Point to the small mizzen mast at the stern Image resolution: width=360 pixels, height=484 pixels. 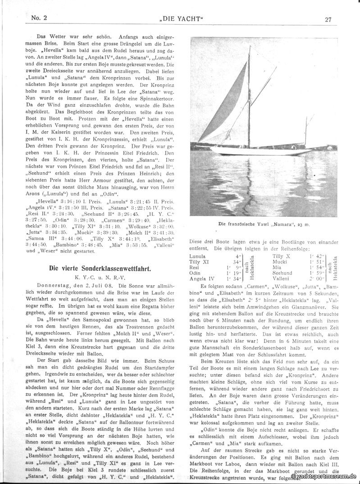pyautogui.click(x=306, y=131)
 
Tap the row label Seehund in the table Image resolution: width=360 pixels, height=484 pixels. pyautogui.click(x=283, y=273)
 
